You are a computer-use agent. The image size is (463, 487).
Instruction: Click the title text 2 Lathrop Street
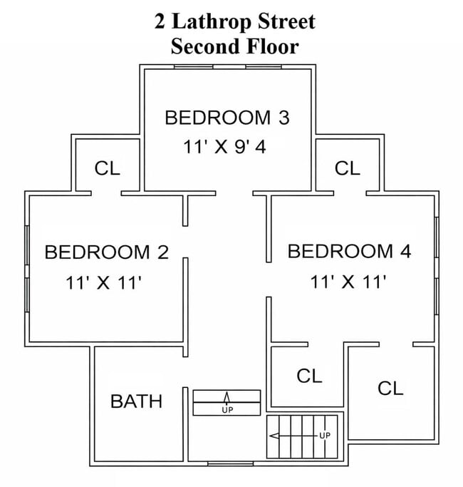[234, 21]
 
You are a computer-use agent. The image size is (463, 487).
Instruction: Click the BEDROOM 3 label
[227, 118]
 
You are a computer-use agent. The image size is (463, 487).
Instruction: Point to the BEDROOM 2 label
[106, 252]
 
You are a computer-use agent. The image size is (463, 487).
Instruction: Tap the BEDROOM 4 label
[349, 251]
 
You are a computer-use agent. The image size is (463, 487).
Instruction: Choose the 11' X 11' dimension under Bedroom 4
[348, 282]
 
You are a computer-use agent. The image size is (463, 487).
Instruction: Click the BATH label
[136, 401]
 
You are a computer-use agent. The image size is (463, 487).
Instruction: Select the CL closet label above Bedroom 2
[108, 169]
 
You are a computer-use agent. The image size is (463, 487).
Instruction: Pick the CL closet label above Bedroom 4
[348, 168]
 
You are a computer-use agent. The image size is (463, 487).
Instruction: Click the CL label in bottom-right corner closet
[390, 388]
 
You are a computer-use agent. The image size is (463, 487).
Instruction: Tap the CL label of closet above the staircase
[309, 376]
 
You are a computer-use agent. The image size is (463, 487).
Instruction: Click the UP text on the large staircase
[325, 435]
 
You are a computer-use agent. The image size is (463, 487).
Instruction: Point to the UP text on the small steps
[227, 410]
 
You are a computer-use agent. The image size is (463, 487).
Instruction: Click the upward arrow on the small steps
[227, 398]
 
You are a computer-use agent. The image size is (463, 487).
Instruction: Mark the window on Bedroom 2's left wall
[27, 269]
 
